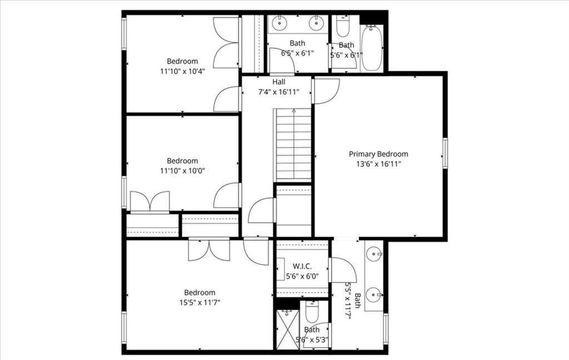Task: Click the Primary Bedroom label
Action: (378, 154)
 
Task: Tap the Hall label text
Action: (279, 82)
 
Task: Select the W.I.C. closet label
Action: (302, 266)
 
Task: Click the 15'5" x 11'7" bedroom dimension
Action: (199, 302)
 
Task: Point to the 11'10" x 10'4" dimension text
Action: (182, 71)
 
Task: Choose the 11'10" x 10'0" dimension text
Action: (182, 171)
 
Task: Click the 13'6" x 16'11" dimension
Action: (378, 164)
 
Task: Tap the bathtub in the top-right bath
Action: (372, 48)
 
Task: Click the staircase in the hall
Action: (293, 144)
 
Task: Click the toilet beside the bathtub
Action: (342, 26)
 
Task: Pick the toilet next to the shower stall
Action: (312, 312)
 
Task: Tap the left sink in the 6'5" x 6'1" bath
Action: (279, 23)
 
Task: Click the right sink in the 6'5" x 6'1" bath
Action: (316, 23)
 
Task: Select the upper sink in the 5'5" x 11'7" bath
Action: (374, 254)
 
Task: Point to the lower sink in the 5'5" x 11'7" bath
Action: (374, 294)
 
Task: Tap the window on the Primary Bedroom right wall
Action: (445, 153)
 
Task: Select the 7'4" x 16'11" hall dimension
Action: (279, 92)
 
